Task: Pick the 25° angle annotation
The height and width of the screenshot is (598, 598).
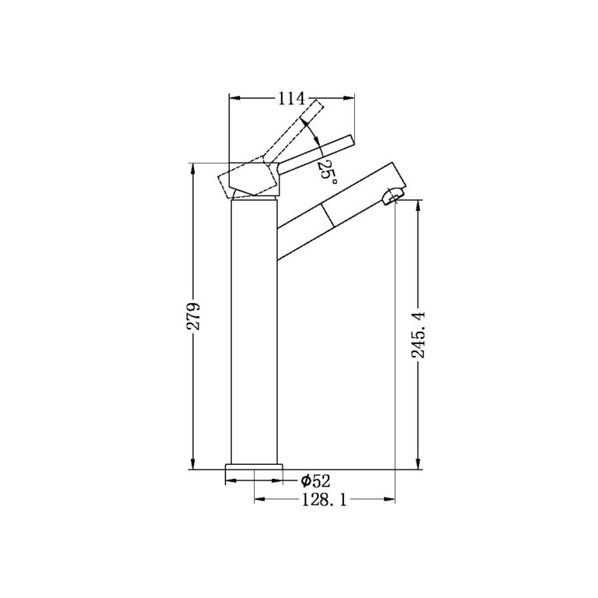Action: pos(327,171)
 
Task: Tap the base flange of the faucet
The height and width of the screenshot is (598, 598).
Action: pos(253,472)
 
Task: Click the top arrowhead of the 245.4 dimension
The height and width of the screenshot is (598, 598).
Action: pos(420,207)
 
